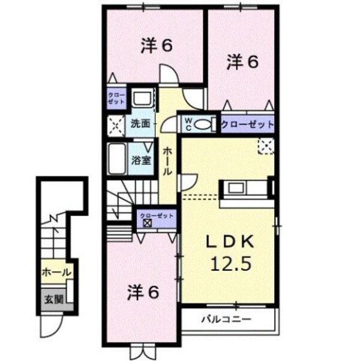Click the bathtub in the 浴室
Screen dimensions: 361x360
click(x=118, y=159)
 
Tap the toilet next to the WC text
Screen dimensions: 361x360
click(x=205, y=124)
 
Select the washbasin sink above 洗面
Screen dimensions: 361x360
click(x=142, y=99)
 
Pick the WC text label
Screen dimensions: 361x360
click(x=187, y=124)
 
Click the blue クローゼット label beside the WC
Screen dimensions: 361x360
click(x=247, y=124)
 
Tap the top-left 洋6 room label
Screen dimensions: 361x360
click(x=158, y=46)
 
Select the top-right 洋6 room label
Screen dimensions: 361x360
click(x=242, y=61)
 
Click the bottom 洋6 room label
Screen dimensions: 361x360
click(x=142, y=293)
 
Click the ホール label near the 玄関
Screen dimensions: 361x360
click(x=56, y=273)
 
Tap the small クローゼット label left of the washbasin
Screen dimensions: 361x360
click(x=116, y=99)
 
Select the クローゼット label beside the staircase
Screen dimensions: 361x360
click(x=155, y=215)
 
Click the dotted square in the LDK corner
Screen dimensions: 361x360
click(x=265, y=145)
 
